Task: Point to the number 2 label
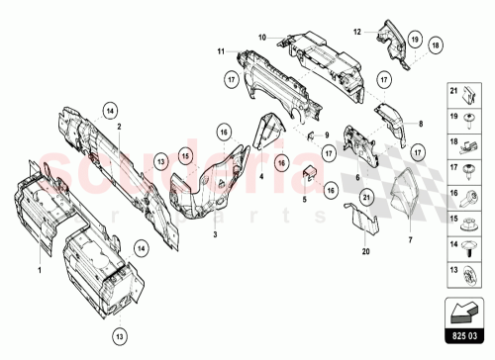point(119,127)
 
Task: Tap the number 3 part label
point(214,235)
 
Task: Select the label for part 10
point(263,39)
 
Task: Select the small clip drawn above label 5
point(308,172)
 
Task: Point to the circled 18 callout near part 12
point(438,44)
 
